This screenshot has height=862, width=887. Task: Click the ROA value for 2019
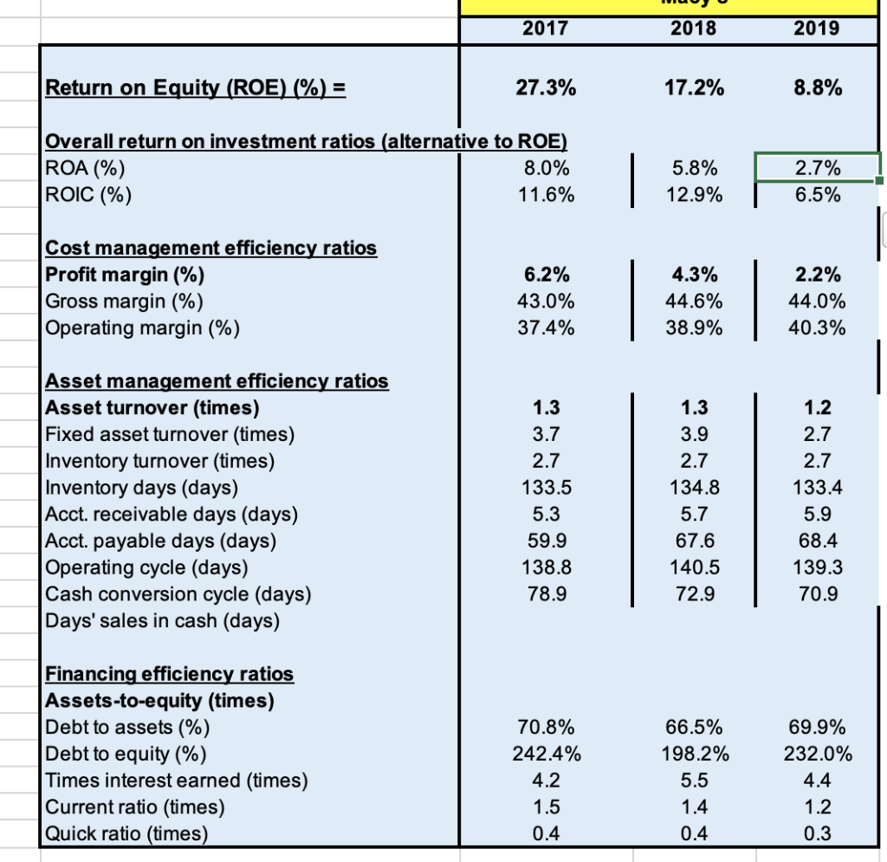click(x=817, y=167)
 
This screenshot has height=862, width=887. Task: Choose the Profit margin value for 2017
click(x=546, y=275)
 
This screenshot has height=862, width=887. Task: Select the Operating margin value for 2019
click(x=817, y=328)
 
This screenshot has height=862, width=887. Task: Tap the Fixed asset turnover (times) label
click(x=170, y=434)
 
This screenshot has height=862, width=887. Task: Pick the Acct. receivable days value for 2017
click(x=546, y=514)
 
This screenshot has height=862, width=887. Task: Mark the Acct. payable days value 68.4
click(x=817, y=541)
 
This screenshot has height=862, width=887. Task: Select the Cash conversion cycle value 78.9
click(x=546, y=594)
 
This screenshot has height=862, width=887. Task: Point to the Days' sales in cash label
click(x=162, y=620)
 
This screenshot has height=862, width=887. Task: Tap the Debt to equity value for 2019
click(x=817, y=754)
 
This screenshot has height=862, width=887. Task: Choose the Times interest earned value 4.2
click(x=546, y=781)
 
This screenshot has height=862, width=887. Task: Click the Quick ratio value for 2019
click(x=817, y=834)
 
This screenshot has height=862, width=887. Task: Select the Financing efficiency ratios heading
click(x=169, y=673)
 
